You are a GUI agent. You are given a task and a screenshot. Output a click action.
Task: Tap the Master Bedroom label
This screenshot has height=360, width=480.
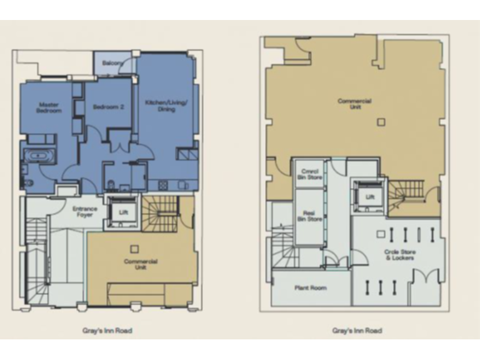pyautogui.click(x=49, y=107)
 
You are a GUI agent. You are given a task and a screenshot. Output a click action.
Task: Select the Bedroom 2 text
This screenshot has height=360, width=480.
pyautogui.click(x=108, y=107)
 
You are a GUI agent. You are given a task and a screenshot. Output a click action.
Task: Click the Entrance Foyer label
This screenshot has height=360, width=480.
pyautogui.click(x=84, y=211)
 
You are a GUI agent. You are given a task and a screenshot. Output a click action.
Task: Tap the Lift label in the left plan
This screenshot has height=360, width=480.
pyautogui.click(x=122, y=212)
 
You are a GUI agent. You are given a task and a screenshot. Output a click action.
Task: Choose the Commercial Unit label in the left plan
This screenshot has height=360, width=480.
pyautogui.click(x=141, y=264)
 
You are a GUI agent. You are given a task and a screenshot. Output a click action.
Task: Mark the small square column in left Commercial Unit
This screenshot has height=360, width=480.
pyautogui.click(x=134, y=248)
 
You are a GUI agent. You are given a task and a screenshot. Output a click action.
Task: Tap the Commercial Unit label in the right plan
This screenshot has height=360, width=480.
pyautogui.click(x=354, y=104)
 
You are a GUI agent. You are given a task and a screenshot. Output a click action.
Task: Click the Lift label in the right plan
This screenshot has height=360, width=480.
pyautogui.click(x=370, y=196)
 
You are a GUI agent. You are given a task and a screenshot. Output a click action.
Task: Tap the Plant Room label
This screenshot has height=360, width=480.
pyautogui.click(x=311, y=288)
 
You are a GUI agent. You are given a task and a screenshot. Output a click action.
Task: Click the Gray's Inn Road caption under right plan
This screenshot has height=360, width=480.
pyautogui.click(x=356, y=330)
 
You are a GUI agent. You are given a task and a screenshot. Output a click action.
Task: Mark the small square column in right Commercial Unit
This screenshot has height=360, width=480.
pyautogui.click(x=381, y=122)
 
